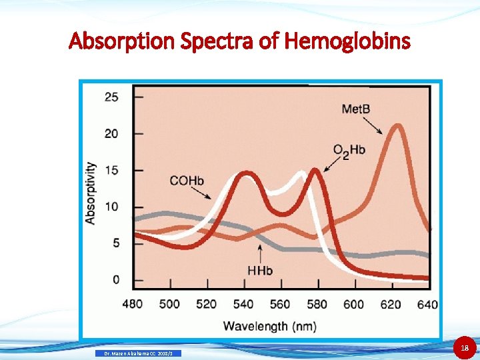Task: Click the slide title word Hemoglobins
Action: point(347,41)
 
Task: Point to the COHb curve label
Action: point(187,180)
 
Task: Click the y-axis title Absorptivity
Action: point(91,193)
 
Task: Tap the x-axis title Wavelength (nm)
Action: point(269,325)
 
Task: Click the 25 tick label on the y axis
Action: point(111,97)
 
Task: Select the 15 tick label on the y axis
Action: point(111,171)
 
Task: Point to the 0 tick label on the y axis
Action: point(116,279)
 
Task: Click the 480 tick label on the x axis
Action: point(133,304)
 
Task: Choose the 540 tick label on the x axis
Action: point(243,304)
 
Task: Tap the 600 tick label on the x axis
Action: point(354,304)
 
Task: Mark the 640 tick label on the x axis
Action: point(427,304)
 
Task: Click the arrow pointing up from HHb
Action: point(259,252)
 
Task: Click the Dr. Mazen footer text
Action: point(139,353)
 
